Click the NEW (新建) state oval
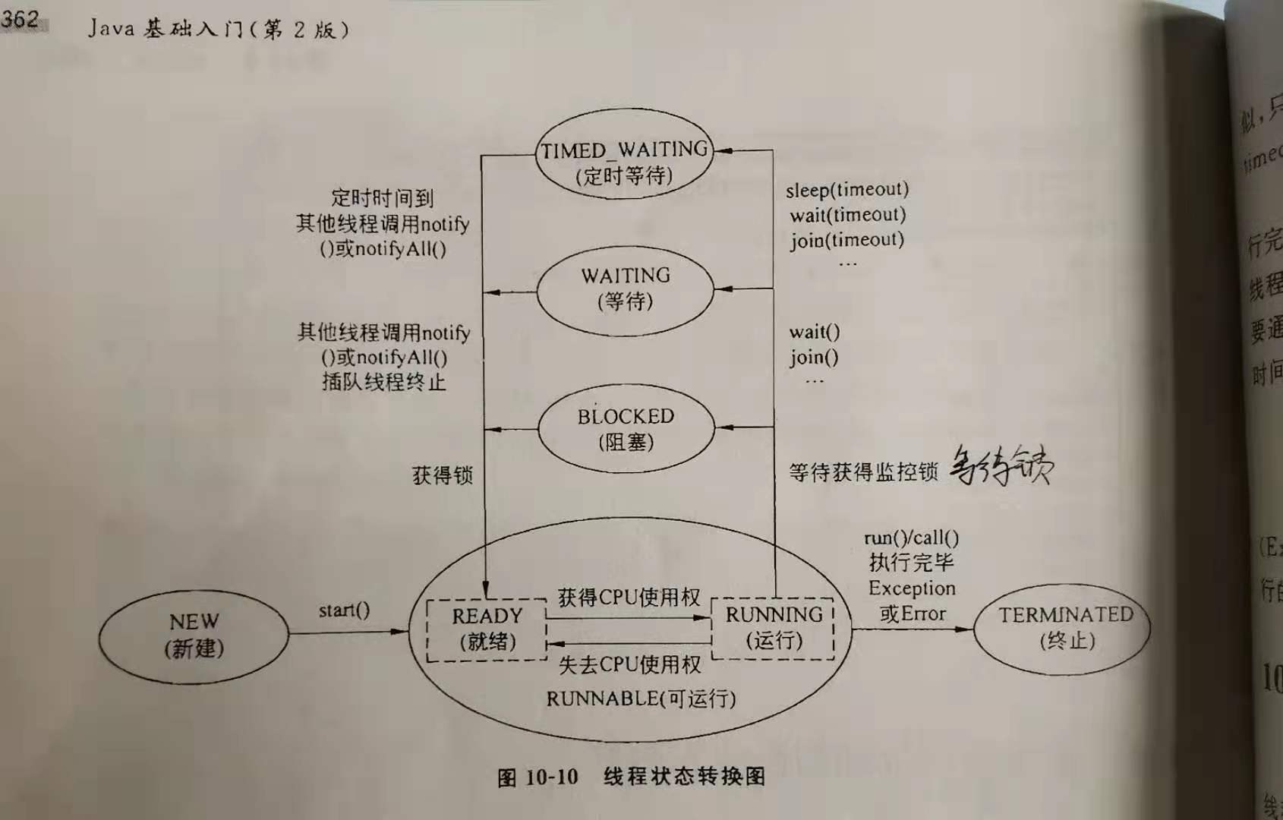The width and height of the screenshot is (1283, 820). (x=194, y=635)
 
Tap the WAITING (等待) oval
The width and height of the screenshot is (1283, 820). (x=625, y=288)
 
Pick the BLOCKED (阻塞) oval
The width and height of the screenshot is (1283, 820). (x=626, y=428)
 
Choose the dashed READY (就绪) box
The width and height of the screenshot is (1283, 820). (x=487, y=629)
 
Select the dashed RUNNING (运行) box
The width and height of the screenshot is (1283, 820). (x=773, y=627)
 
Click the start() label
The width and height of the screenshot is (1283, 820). (x=344, y=610)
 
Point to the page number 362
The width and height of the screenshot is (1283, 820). (x=20, y=18)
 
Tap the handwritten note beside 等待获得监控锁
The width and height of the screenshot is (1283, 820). (x=1001, y=465)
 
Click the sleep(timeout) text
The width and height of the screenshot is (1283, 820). (x=846, y=190)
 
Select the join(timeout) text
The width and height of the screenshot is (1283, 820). (x=846, y=240)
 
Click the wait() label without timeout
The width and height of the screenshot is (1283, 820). (x=814, y=332)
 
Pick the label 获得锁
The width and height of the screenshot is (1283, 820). (x=442, y=475)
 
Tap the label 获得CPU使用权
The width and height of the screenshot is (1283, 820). (x=629, y=598)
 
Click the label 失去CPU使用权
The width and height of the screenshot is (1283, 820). (x=629, y=665)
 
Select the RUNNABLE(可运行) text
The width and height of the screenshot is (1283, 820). (x=641, y=699)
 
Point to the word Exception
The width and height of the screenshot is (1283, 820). (x=911, y=588)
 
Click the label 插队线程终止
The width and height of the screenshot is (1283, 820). (x=383, y=381)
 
